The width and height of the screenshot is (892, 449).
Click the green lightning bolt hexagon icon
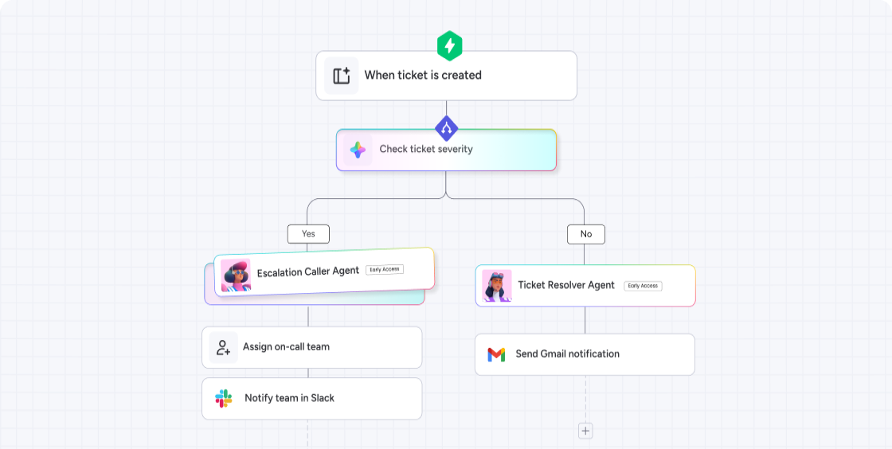450,46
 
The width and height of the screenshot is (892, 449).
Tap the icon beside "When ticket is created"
342,76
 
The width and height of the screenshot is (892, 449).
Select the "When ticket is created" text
423,75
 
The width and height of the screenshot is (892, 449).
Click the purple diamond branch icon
447,127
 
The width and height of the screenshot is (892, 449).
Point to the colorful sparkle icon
358,150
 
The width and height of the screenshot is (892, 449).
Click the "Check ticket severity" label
426,149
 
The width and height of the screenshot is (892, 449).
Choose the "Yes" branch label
308,233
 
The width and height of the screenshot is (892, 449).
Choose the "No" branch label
586,234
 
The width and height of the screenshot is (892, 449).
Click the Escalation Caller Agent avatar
236,275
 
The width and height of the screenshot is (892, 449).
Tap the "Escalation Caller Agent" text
308,272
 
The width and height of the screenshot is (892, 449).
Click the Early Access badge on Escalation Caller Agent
385,269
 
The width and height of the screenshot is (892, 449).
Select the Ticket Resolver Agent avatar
497,286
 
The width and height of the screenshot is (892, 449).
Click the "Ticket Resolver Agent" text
566,285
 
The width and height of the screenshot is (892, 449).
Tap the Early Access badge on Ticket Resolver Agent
643,286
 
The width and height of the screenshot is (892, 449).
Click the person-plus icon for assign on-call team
223,348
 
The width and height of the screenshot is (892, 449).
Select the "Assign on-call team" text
286,347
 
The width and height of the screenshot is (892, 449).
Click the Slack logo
224,398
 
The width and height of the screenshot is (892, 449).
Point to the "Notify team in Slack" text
289,398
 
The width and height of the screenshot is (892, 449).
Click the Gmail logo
496,354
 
